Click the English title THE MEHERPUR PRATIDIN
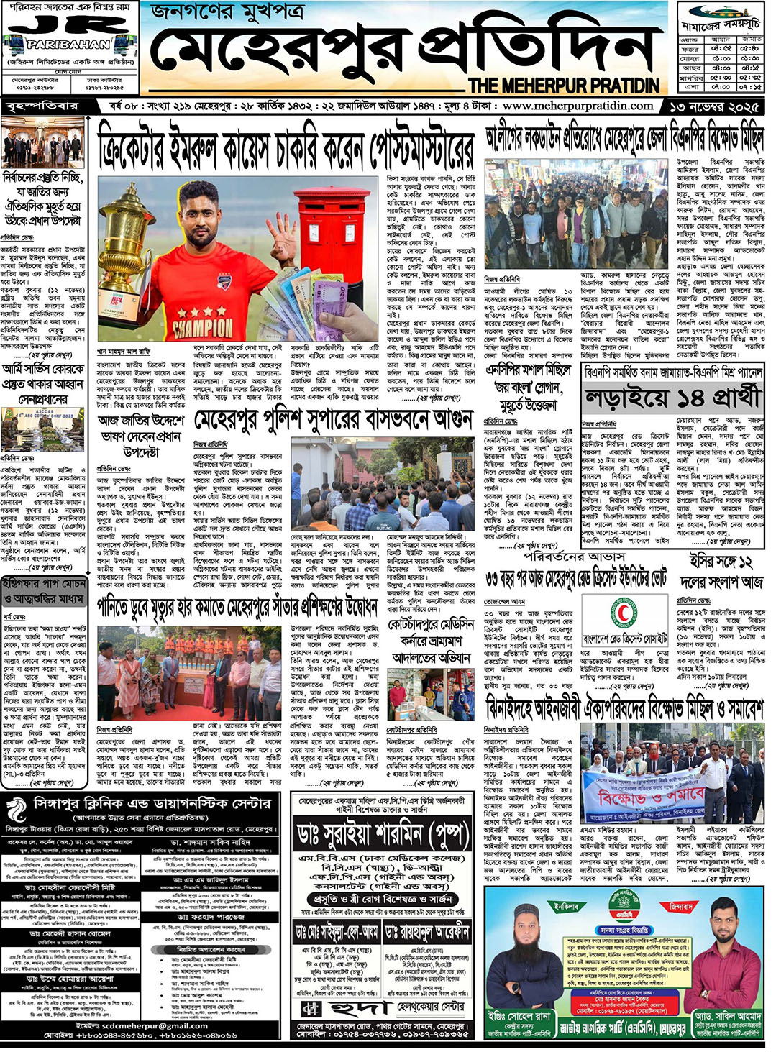click(564, 86)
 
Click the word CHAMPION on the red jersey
click(203, 326)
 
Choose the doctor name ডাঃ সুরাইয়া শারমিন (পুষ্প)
click(383, 834)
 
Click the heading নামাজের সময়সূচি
click(721, 24)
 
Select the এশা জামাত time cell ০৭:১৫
click(750, 86)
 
